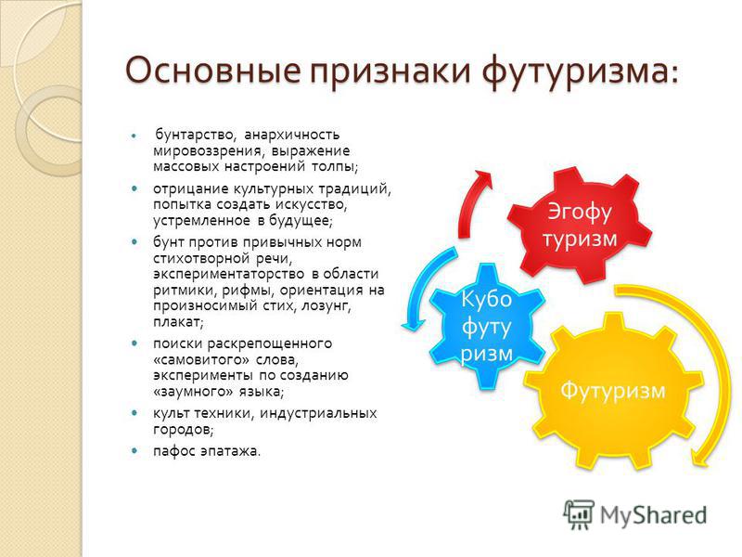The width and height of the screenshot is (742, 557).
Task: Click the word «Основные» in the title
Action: click(213, 70)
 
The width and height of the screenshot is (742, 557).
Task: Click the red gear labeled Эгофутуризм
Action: click(579, 226)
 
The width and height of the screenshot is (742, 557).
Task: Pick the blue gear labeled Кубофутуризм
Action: click(487, 327)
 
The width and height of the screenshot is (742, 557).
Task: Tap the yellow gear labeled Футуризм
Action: click(613, 391)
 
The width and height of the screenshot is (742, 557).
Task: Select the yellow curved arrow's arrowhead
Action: click(699, 458)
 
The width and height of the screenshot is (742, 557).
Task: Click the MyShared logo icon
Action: click(579, 514)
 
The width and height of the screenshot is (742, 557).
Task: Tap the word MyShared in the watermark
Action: click(654, 515)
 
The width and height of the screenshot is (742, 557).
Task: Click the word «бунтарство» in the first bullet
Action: click(194, 135)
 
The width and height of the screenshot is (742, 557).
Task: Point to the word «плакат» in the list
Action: click(176, 322)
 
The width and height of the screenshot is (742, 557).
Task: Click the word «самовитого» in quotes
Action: click(201, 360)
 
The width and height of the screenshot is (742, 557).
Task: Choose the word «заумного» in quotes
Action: click(194, 392)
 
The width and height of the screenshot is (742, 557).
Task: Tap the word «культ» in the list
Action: click(171, 413)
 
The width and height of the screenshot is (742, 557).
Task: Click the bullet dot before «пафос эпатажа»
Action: click(135, 450)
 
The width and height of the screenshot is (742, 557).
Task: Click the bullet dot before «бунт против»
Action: click(135, 241)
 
